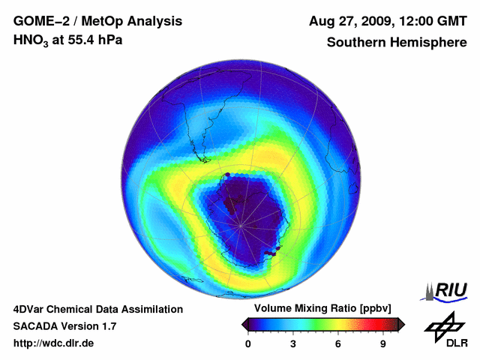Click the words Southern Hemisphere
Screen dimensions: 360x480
click(397, 42)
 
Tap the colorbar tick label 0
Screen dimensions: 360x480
click(248, 344)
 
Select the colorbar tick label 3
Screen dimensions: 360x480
click(293, 344)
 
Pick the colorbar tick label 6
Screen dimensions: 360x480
click(337, 344)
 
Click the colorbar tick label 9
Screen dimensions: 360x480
click(382, 344)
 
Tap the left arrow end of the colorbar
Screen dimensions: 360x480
click(245, 324)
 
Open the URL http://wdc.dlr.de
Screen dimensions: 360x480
click(54, 344)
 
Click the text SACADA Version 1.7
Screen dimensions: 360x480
click(64, 327)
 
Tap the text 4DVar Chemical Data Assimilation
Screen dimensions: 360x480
click(97, 309)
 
